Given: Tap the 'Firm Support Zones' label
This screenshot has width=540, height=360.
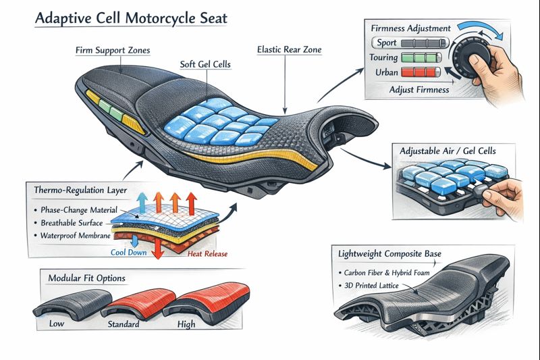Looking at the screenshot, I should tap(113, 51).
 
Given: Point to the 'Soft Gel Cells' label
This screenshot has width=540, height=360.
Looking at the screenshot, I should tap(205, 65).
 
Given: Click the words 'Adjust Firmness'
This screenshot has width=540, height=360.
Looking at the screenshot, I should tap(418, 88).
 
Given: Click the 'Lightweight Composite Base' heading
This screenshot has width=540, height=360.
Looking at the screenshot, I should tap(389, 254).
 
